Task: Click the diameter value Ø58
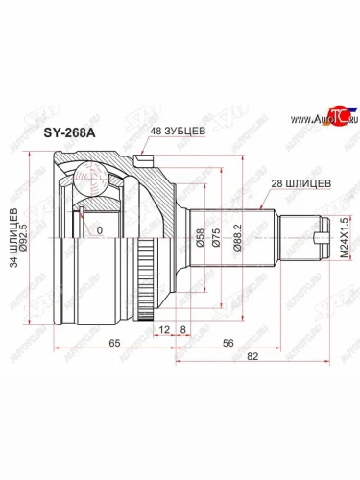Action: pyautogui.click(x=199, y=238)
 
